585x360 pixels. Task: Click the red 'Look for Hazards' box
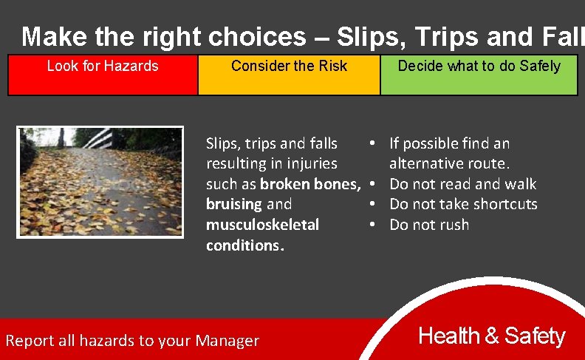pyautogui.click(x=103, y=75)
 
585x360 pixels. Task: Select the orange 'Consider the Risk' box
pyautogui.click(x=289, y=75)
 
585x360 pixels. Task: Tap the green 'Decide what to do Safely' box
pyautogui.click(x=479, y=75)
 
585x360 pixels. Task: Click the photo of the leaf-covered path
pyautogui.click(x=100, y=182)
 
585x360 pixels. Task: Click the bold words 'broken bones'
pyautogui.click(x=310, y=184)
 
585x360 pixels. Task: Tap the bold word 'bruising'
pyautogui.click(x=234, y=204)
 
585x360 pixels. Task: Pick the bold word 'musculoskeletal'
pyautogui.click(x=262, y=225)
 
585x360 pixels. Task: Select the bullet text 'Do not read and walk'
pyautogui.click(x=462, y=184)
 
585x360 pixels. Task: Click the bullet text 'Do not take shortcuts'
pyautogui.click(x=463, y=204)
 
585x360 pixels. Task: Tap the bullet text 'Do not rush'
pyautogui.click(x=428, y=225)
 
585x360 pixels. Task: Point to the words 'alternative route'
pyautogui.click(x=449, y=163)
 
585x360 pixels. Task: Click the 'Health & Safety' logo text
pyautogui.click(x=491, y=336)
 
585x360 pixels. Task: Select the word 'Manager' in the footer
pyautogui.click(x=227, y=341)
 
